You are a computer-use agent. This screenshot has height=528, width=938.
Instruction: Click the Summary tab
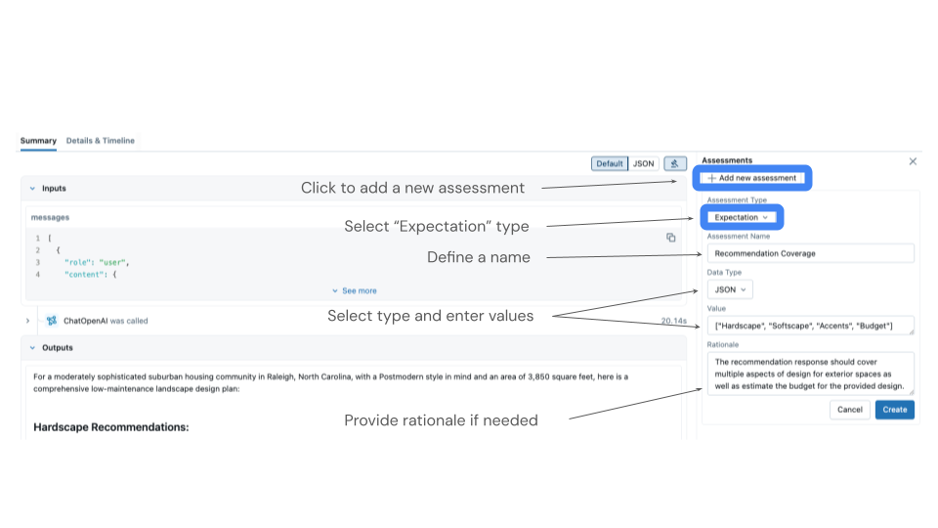38,141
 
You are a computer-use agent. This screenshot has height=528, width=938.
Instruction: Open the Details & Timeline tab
100,141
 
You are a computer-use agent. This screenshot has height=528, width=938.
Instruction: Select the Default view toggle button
610,163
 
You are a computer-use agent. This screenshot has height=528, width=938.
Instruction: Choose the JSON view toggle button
643,163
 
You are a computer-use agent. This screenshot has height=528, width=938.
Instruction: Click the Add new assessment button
752,178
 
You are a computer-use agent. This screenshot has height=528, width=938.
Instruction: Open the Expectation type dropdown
742,217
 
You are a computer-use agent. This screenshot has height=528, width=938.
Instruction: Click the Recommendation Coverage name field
811,253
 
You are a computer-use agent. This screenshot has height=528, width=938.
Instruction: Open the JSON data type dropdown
730,289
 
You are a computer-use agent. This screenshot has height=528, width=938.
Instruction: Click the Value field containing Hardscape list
811,326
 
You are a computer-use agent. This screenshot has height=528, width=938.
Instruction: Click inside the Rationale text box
811,374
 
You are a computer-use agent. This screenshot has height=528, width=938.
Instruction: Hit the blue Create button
894,410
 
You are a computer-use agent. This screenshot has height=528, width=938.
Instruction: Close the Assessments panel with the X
913,161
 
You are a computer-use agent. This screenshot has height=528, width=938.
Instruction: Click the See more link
354,291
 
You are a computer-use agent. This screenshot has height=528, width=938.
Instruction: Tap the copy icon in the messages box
670,238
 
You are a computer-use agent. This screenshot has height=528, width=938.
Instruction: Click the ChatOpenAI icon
52,321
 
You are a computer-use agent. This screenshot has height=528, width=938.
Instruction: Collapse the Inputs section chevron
32,189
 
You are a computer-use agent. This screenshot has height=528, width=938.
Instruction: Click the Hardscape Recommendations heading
111,427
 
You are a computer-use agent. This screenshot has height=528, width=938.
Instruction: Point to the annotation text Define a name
479,257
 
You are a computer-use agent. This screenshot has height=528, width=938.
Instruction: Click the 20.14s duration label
673,322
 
